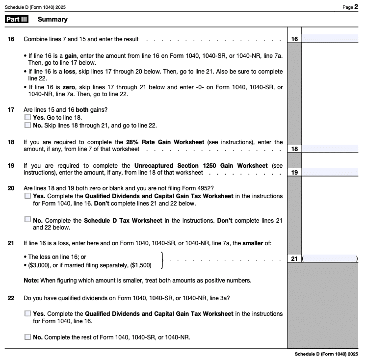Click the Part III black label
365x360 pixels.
tap(17, 20)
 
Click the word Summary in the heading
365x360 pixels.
tap(52, 20)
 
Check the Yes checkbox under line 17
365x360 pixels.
tap(27, 118)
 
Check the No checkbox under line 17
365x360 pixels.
tap(27, 125)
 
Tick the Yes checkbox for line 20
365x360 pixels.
tap(27, 196)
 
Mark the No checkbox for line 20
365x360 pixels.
tap(27, 219)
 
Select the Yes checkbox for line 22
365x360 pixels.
tap(27, 313)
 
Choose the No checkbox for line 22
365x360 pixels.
tap(27, 337)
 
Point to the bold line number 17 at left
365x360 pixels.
tap(11, 109)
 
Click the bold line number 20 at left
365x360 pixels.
tap(11, 188)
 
